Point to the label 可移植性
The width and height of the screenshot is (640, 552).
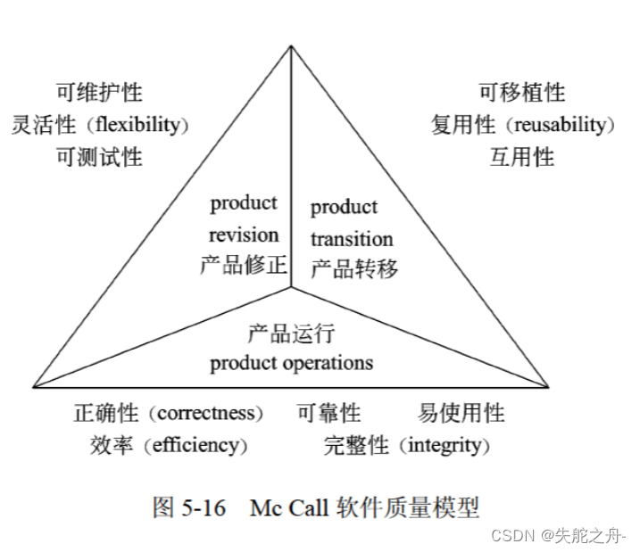(x=522, y=92)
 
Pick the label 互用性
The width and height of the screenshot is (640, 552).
(x=522, y=157)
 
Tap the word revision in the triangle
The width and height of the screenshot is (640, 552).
(x=244, y=235)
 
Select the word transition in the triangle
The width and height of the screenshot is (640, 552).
(x=352, y=239)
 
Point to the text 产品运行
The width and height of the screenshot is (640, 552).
(x=291, y=334)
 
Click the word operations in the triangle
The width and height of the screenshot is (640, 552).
(x=328, y=363)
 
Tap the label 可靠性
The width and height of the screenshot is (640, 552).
(x=329, y=413)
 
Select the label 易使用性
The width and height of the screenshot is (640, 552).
(x=461, y=413)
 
